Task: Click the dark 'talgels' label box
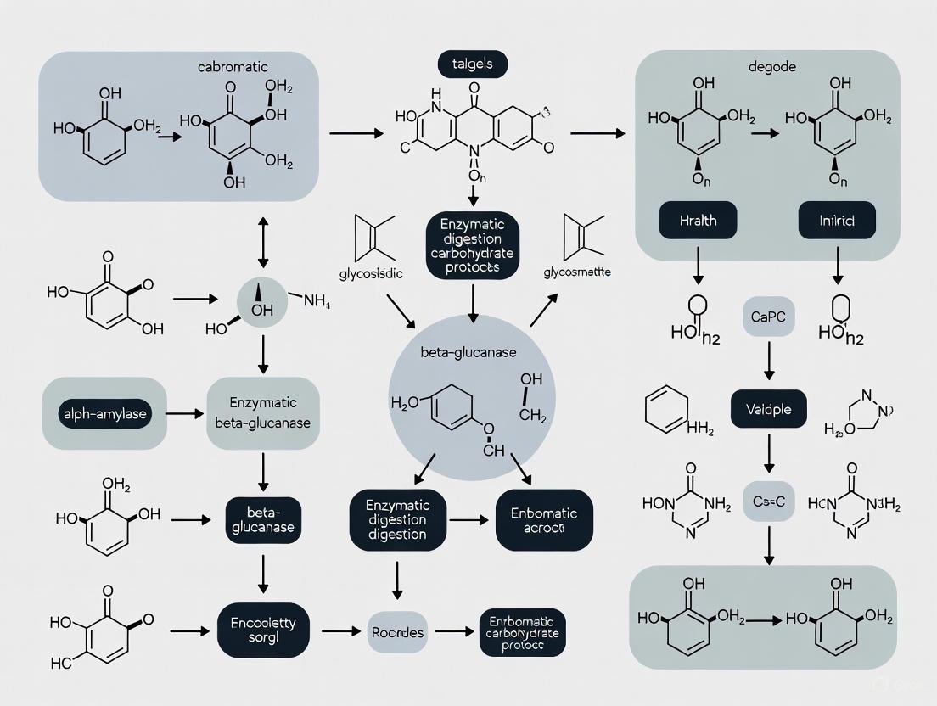(472, 63)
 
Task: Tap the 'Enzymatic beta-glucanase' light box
(263, 412)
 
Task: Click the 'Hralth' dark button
(698, 220)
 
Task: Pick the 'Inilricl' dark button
(837, 220)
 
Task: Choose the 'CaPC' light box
(767, 317)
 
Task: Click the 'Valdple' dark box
(769, 409)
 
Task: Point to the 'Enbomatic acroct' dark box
(543, 519)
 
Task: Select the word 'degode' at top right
(771, 67)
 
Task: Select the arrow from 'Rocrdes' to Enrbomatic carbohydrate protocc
(451, 631)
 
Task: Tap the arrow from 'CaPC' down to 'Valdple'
(769, 362)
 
